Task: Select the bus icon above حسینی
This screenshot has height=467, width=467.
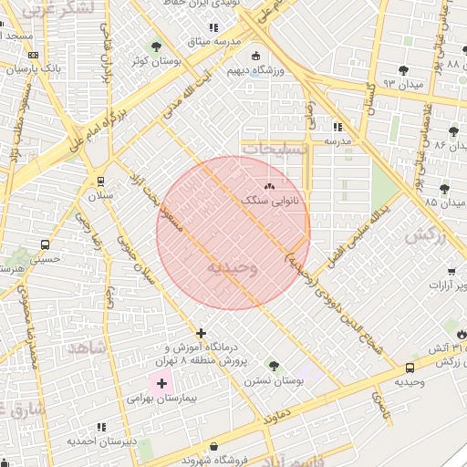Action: click(45, 244)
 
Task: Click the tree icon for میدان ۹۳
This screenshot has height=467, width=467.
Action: click(403, 70)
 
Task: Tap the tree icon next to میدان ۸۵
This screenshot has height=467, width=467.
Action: click(444, 189)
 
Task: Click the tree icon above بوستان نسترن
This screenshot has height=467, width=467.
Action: click(273, 365)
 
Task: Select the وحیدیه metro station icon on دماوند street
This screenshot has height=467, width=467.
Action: click(410, 368)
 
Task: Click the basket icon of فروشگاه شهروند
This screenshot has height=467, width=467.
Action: click(213, 447)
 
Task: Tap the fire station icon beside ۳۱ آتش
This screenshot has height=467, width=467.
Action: click(461, 335)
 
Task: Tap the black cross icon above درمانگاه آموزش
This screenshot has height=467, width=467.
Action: click(201, 333)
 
